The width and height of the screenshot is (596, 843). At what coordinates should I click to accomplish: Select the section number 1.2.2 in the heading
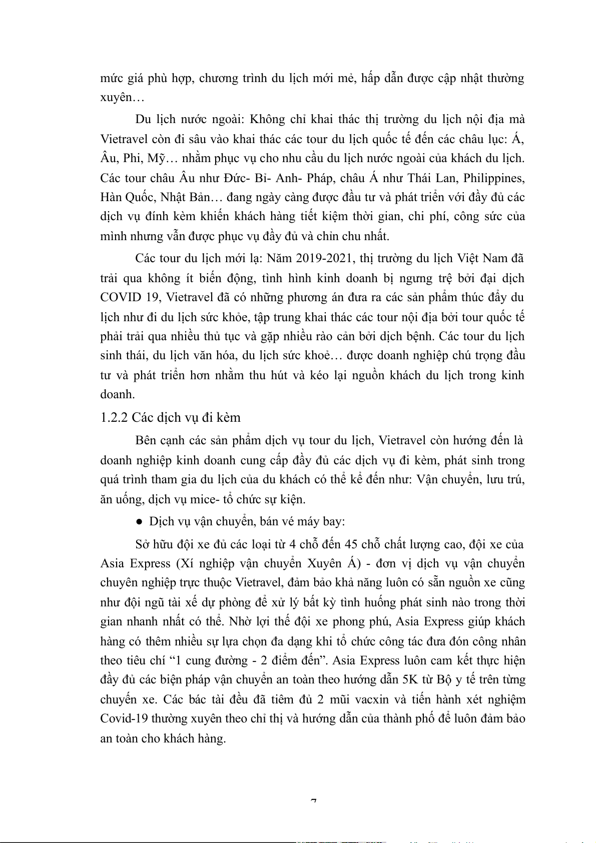[x=114, y=417]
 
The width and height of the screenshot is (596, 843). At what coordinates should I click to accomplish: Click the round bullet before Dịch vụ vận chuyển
[x=140, y=522]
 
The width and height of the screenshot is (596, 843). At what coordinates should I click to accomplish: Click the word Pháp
[x=319, y=178]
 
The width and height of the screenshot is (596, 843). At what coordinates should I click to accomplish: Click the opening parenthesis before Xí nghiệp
[x=178, y=563]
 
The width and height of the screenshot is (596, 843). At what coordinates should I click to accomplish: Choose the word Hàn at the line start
[x=111, y=197]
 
